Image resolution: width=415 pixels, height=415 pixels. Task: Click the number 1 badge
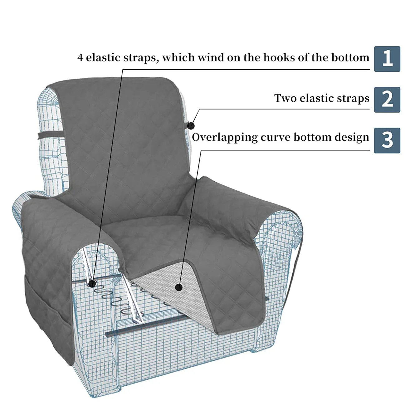pyautogui.click(x=387, y=59)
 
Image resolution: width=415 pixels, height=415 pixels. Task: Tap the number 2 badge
pyautogui.click(x=387, y=100)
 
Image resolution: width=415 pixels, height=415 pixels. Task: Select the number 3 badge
pyautogui.click(x=387, y=140)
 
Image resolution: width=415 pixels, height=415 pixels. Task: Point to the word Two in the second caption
pyautogui.click(x=285, y=98)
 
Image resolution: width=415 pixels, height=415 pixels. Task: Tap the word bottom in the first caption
pyautogui.click(x=350, y=57)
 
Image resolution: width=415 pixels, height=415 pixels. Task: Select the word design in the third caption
pyautogui.click(x=352, y=137)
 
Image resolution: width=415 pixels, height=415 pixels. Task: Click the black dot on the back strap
pyautogui.click(x=191, y=126)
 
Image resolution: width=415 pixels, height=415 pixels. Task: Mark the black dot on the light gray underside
pyautogui.click(x=178, y=287)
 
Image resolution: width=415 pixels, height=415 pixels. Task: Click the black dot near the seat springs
pyautogui.click(x=92, y=284)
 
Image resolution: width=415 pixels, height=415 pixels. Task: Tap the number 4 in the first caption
pyautogui.click(x=80, y=58)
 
